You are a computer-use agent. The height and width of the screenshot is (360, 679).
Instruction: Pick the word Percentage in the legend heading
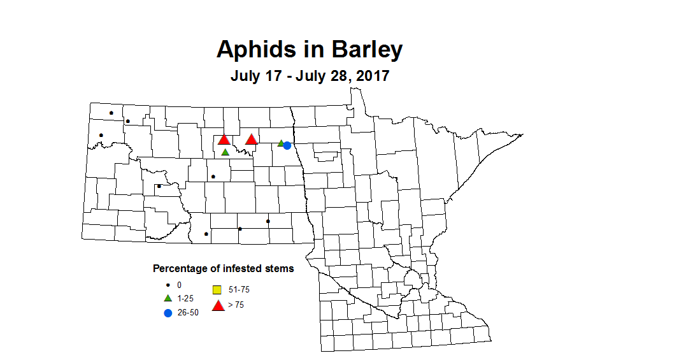[x=179, y=269]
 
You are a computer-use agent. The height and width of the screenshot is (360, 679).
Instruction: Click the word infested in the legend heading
[x=239, y=269]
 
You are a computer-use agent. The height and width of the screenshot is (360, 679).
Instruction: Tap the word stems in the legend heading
[x=278, y=269]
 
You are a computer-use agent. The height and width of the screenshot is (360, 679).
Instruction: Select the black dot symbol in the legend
[x=168, y=285]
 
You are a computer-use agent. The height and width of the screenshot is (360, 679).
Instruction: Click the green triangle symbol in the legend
[x=168, y=298]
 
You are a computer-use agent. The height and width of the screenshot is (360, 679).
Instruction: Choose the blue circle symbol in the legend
[x=168, y=312]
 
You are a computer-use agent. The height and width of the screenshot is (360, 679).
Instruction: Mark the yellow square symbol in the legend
[x=217, y=290]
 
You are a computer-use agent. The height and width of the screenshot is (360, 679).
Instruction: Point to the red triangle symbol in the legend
[x=218, y=306]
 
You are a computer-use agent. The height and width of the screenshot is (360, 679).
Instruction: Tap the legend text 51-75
[x=239, y=290]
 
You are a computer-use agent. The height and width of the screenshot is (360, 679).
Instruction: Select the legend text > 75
[x=236, y=305]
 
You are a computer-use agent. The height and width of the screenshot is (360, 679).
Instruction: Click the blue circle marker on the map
[x=287, y=146]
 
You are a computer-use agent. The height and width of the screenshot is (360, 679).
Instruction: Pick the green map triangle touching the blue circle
[x=281, y=143]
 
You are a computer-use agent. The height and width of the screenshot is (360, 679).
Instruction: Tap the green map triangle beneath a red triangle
[x=225, y=152]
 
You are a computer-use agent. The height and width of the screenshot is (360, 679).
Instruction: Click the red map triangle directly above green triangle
[x=224, y=140]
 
